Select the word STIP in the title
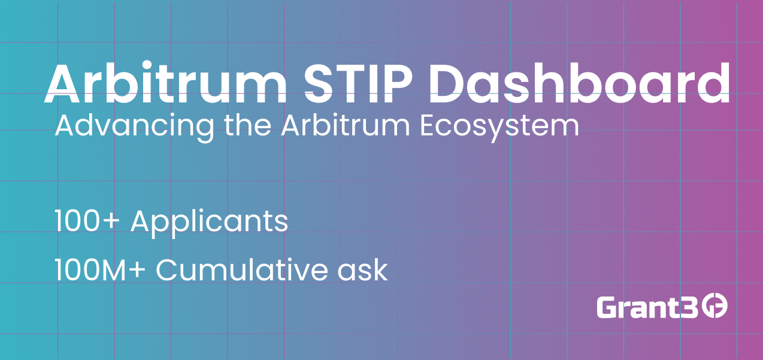click(358, 83)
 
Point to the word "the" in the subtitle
click(247, 125)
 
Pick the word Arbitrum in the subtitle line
click(346, 125)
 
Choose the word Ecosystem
click(499, 127)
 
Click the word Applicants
click(209, 223)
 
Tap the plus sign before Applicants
click(111, 222)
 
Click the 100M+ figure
click(100, 270)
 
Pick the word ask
click(362, 270)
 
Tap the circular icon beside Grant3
click(716, 307)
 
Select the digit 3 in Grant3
click(689, 307)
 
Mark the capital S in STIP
click(319, 83)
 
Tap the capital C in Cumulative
click(167, 270)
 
